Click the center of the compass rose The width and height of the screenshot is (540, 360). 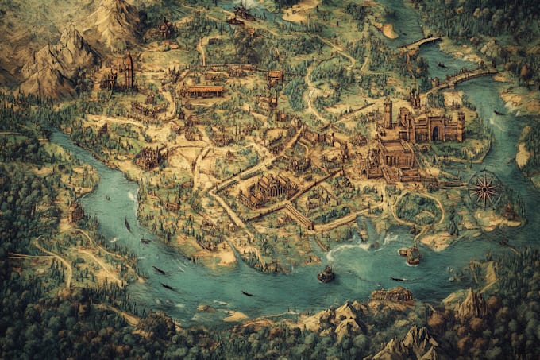483,189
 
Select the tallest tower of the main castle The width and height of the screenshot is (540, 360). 388,113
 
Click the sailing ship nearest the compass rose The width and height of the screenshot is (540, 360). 411,254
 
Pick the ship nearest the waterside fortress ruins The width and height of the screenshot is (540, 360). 326,274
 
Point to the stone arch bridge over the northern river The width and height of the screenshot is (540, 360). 420,42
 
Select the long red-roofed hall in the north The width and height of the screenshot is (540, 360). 204,91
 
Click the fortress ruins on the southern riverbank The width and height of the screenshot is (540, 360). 391,295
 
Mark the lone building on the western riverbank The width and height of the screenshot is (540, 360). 76,212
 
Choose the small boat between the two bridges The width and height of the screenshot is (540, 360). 442,64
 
